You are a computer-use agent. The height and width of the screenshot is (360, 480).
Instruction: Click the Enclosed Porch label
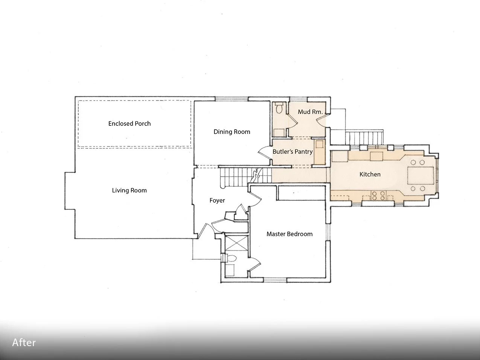pos(130,124)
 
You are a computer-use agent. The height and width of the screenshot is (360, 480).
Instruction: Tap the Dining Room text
pos(232,132)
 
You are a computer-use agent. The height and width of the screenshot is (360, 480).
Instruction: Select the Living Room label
pos(129,190)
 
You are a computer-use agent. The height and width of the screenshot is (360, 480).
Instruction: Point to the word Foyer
pos(217,200)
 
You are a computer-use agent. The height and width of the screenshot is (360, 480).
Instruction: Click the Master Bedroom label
pos(290,234)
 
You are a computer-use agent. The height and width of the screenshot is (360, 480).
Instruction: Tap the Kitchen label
pos(370,174)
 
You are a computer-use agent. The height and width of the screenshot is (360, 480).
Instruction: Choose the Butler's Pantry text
pos(293,151)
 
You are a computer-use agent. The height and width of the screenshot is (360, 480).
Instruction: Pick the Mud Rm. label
pos(310,112)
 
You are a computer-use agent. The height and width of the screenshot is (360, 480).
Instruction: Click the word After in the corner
pos(24,343)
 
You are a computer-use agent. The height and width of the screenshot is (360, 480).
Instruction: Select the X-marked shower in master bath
pos(236,243)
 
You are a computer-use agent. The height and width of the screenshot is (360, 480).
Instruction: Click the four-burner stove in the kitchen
pos(378,195)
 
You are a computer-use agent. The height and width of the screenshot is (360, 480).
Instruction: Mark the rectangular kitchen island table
pos(420,175)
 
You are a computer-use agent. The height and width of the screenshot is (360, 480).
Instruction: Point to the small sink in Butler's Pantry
pos(320,144)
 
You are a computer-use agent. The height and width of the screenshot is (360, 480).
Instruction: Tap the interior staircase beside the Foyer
pos(245,177)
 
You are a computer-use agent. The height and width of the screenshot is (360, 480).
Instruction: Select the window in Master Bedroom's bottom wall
pos(275,280)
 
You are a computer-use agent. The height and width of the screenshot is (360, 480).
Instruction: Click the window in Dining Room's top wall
pos(232,99)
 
